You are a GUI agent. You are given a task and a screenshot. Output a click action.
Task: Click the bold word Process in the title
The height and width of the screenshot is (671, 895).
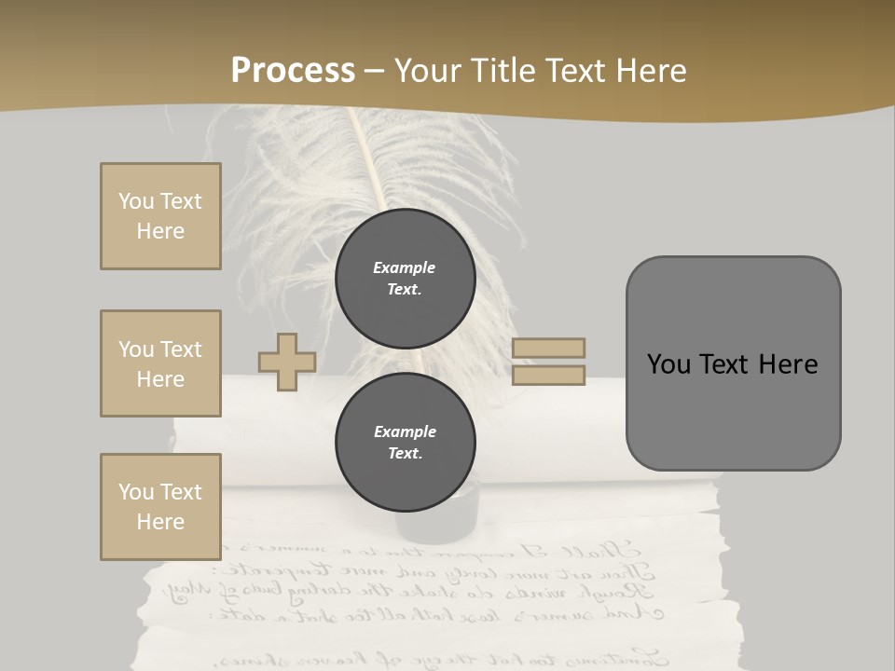point(293,71)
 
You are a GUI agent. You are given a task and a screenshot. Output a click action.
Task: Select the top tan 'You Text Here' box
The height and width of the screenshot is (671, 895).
point(160,216)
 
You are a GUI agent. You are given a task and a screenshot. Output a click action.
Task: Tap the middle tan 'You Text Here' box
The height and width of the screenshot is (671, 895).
point(160,363)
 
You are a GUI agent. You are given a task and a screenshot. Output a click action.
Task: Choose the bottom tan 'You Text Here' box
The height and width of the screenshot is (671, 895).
point(160,507)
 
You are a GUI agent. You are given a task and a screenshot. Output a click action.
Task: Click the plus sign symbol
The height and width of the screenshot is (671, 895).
point(286,363)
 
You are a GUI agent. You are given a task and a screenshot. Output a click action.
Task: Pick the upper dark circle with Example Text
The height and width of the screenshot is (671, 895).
point(405,279)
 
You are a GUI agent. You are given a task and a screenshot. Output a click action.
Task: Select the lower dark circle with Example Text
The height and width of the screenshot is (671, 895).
point(405,443)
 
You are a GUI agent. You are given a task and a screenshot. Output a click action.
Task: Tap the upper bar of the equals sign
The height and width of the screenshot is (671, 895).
point(548,348)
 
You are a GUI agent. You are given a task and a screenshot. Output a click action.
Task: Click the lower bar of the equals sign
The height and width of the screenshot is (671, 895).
point(548,376)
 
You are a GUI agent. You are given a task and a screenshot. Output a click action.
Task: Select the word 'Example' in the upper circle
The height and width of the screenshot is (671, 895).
point(405,267)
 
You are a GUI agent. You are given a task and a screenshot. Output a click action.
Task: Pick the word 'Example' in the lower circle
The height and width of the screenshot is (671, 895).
point(405,431)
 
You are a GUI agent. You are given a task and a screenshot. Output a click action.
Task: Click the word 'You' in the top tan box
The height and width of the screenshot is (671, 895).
point(135,201)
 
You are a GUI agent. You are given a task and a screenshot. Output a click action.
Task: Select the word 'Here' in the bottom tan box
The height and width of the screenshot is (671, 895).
point(160,522)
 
